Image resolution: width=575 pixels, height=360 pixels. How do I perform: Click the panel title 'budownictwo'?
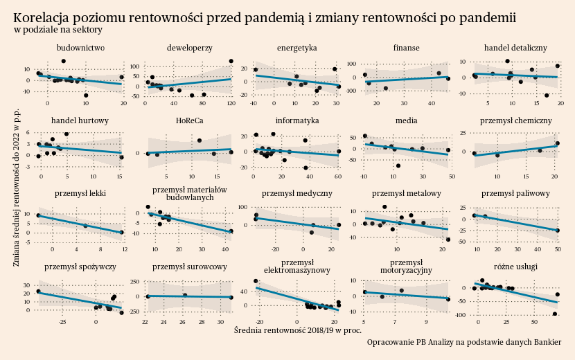pyautogui.click(x=80, y=48)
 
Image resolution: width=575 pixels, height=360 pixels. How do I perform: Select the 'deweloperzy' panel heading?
pyautogui.click(x=189, y=48)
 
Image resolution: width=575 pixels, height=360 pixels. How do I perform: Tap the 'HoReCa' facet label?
pyautogui.click(x=189, y=120)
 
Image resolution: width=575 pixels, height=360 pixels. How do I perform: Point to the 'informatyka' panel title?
pyautogui.click(x=297, y=120)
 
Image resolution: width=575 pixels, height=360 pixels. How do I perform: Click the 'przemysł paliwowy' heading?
pyautogui.click(x=515, y=193)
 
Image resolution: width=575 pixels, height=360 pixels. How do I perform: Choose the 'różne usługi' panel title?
pyautogui.click(x=515, y=266)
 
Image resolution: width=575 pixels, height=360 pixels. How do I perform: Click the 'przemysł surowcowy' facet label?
pyautogui.click(x=189, y=266)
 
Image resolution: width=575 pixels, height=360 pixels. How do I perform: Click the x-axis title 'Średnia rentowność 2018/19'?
pyautogui.click(x=298, y=330)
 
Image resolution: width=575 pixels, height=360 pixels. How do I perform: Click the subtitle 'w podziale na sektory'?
pyautogui.click(x=58, y=30)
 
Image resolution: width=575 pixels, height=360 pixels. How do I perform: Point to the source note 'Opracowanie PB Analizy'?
pyautogui.click(x=464, y=342)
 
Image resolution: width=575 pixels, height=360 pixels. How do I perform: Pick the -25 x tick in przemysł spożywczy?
pyautogui.click(x=63, y=322)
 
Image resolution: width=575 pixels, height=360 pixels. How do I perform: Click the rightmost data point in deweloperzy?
pyautogui.click(x=231, y=61)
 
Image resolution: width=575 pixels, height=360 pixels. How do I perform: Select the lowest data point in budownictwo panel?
pyautogui.click(x=86, y=96)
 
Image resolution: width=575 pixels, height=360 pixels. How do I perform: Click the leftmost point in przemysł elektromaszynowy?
pyautogui.click(x=256, y=281)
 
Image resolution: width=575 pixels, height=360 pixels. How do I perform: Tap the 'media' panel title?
pyautogui.click(x=406, y=120)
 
